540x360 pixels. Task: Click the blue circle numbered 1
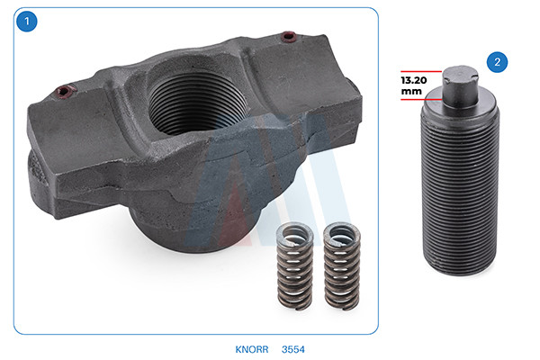coord(26,22)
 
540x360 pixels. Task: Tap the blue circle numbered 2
coord(497,62)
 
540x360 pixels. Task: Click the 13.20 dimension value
coord(414,80)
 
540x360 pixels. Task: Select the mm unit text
coord(411,91)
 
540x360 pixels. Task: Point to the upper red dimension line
coord(421,71)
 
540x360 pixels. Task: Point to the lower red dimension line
coord(421,99)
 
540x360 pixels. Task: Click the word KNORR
coord(252,349)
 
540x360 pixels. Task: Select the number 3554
coord(293,349)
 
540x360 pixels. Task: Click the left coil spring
coord(295,265)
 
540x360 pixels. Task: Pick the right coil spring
coord(342,266)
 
